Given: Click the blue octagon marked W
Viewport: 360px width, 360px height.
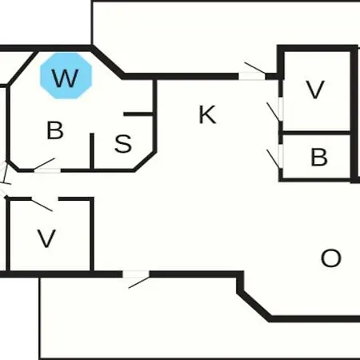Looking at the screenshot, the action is [x=66, y=76].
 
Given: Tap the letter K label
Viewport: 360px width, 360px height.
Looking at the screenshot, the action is [x=207, y=114].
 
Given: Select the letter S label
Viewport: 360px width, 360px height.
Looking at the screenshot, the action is [x=123, y=143].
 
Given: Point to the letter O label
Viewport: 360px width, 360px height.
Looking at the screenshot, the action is [x=331, y=258].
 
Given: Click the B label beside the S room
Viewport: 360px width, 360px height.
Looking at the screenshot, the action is [x=55, y=130].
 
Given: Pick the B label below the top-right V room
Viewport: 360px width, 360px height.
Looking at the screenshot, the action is [x=319, y=157].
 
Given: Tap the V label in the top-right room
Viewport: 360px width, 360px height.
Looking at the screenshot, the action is [x=315, y=90].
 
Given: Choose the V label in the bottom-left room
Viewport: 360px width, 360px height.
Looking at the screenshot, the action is [x=46, y=238].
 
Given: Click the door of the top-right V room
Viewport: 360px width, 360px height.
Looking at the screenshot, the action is [x=274, y=111].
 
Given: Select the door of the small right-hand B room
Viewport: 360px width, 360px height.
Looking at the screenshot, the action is [x=274, y=158].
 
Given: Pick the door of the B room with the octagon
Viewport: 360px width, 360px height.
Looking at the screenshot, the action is [x=46, y=166].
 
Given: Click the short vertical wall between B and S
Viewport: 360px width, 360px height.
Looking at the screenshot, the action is [x=92, y=151].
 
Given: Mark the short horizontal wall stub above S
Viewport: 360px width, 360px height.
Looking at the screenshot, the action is [x=138, y=114].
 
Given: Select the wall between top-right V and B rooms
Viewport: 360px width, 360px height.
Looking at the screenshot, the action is [x=316, y=133].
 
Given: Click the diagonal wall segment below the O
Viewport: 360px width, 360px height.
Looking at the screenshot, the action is [x=254, y=306].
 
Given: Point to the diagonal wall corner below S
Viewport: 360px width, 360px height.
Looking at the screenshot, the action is [x=145, y=162].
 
